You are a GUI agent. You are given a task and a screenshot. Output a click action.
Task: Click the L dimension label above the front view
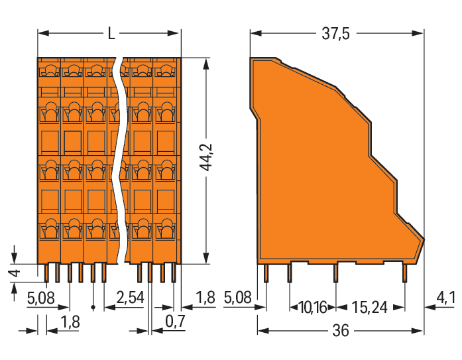[111, 33]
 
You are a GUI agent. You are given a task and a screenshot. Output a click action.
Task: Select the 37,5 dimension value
[335, 33]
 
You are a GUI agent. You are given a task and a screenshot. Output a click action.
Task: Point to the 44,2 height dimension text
[206, 157]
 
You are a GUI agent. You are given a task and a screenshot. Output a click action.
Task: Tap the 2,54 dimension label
[130, 297]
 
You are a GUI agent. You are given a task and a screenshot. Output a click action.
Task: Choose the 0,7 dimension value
[175, 321]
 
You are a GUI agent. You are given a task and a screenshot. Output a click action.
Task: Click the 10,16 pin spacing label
[313, 308]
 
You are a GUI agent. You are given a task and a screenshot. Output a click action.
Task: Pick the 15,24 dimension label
[369, 308]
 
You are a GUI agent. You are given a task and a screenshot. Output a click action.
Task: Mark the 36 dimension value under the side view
[341, 331]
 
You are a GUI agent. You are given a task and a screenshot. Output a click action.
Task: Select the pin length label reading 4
[15, 272]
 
